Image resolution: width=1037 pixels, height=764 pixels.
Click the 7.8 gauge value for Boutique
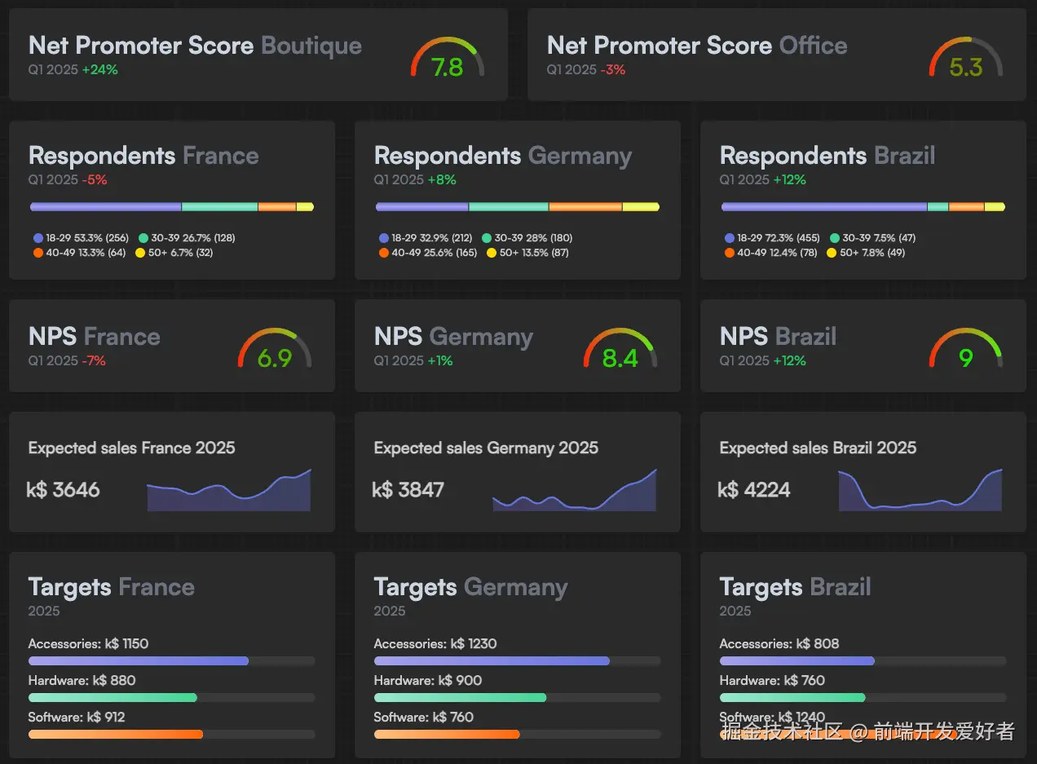coord(448,67)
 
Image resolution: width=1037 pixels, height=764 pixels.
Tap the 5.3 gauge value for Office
coord(966,67)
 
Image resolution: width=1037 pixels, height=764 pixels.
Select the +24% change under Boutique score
coord(100,70)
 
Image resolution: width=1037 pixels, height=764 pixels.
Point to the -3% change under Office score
coord(613,70)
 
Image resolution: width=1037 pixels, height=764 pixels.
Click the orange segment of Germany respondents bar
coord(585,207)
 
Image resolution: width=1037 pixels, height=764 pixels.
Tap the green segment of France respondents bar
coord(219,207)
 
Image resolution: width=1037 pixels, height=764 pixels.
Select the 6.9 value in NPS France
coord(275,358)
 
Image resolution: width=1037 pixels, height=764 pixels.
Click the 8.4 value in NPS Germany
coord(620,358)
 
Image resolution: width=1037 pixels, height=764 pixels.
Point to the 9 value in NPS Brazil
coord(966,358)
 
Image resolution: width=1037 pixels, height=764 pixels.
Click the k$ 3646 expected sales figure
coord(64,490)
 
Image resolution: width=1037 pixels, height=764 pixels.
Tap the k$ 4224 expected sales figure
coord(754,490)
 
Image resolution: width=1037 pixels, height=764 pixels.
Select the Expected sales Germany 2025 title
coord(486,448)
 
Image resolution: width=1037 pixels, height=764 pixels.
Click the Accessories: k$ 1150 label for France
coord(88,644)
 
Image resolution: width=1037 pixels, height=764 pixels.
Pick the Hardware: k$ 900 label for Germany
coord(428,681)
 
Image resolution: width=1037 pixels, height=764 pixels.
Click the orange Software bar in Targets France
coord(115,735)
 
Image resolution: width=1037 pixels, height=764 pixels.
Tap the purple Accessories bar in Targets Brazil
coord(797,661)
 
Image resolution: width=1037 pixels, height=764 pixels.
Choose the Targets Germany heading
coord(470,587)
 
